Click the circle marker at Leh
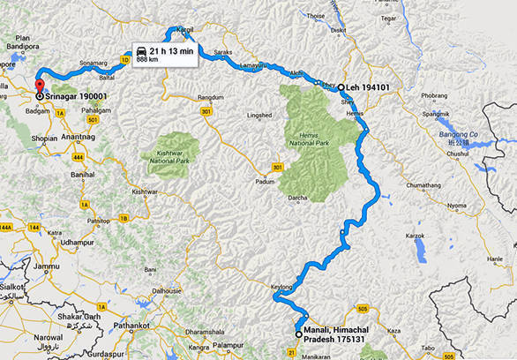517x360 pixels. point(341,87)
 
